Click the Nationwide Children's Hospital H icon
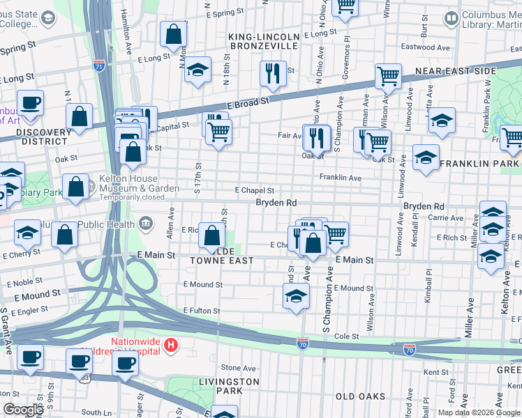coord(172,345)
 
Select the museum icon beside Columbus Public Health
coord(146,223)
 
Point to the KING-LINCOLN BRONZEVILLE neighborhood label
coord(264,41)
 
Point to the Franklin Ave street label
coord(340,178)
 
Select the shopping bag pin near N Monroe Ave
coord(172,33)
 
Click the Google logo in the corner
coord(23,410)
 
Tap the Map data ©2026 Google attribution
coord(478,412)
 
